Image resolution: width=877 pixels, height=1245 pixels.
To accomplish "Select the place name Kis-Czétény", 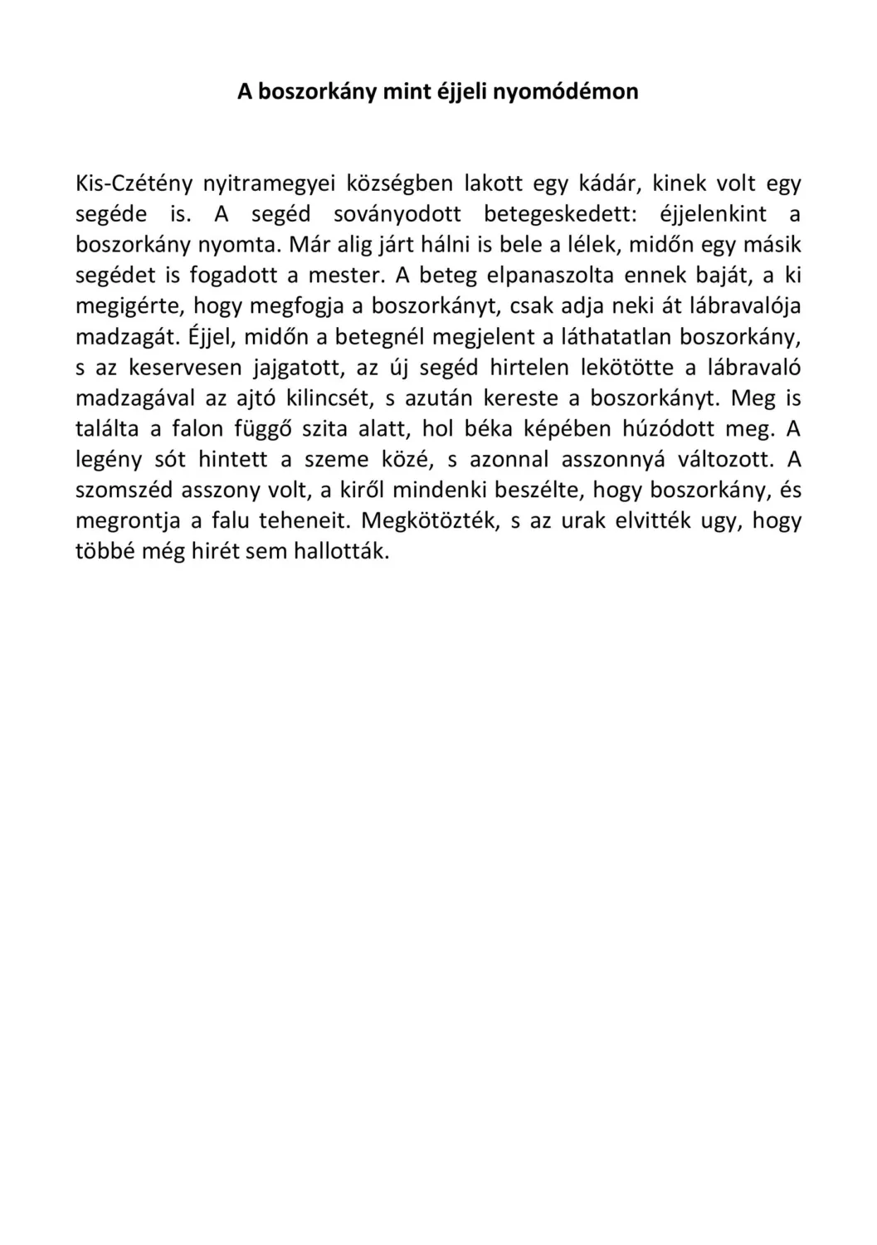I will pyautogui.click(x=128, y=183).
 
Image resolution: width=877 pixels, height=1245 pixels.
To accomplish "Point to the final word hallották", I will pyautogui.click(x=341, y=551).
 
